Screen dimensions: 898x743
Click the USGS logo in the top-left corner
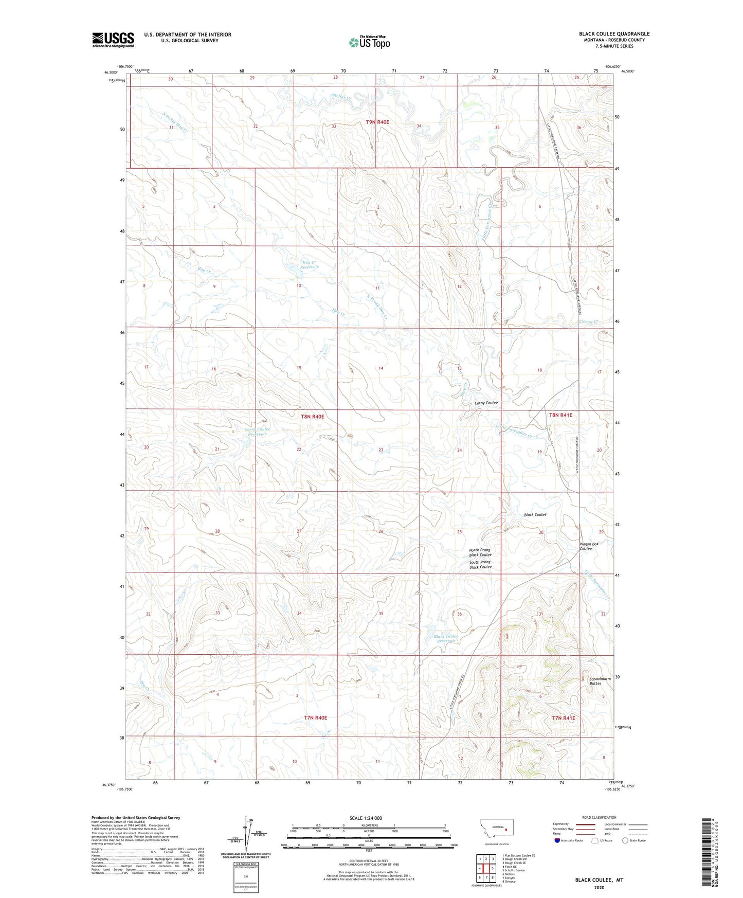(113, 40)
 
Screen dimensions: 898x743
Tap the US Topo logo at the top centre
(369, 42)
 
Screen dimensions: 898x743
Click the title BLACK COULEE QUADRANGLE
(614, 34)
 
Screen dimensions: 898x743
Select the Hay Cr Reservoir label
(310, 265)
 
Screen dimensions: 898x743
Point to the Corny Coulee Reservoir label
(257, 432)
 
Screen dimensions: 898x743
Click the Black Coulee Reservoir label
(446, 638)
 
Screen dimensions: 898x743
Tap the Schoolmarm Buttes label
(600, 681)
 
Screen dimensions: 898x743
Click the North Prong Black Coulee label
(480, 552)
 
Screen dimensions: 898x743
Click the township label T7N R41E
(564, 718)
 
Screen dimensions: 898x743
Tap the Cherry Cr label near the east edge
(589, 322)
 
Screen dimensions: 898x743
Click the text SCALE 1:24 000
(366, 818)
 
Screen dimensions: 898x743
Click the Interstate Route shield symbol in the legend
(558, 840)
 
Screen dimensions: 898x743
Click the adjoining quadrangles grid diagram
(485, 868)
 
